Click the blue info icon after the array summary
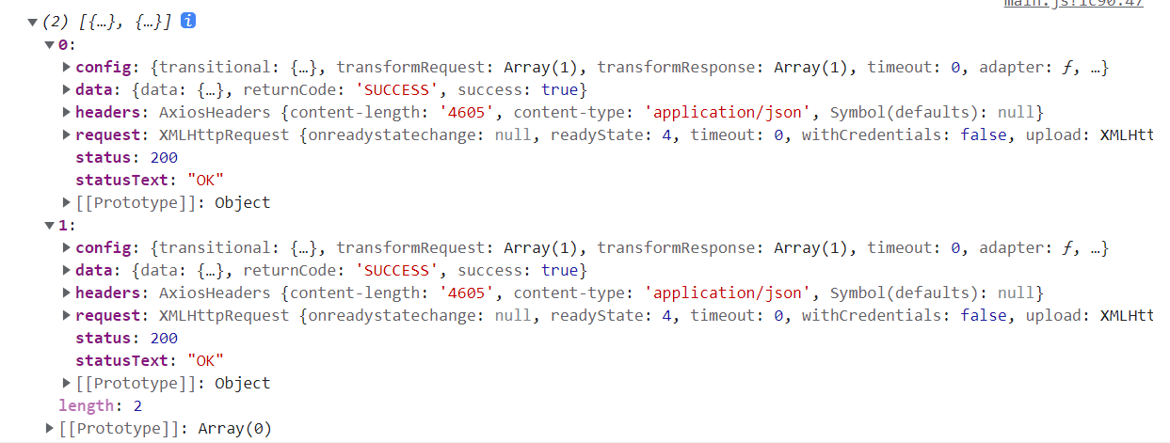pyautogui.click(x=187, y=21)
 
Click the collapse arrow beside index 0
pyautogui.click(x=49, y=44)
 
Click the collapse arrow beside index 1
pyautogui.click(x=49, y=225)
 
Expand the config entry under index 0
pyautogui.click(x=67, y=67)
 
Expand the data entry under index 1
pyautogui.click(x=67, y=270)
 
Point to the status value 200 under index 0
pyautogui.click(x=164, y=157)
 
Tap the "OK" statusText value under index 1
pyautogui.click(x=205, y=360)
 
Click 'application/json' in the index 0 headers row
pyautogui.click(x=728, y=112)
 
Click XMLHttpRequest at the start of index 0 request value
pyautogui.click(x=224, y=134)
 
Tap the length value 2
pyautogui.click(x=136, y=405)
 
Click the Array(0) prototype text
pyautogui.click(x=234, y=428)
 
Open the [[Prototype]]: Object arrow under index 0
pyautogui.click(x=67, y=202)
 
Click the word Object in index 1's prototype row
pyautogui.click(x=242, y=383)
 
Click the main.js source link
pyautogui.click(x=1074, y=4)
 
